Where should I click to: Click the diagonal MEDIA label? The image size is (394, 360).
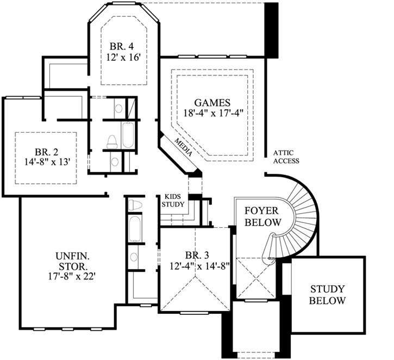[x=183, y=146]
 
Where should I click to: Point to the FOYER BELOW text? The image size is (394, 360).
[x=262, y=216]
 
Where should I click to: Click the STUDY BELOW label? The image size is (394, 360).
[x=327, y=294]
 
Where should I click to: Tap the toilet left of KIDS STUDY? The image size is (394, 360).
[x=135, y=205]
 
